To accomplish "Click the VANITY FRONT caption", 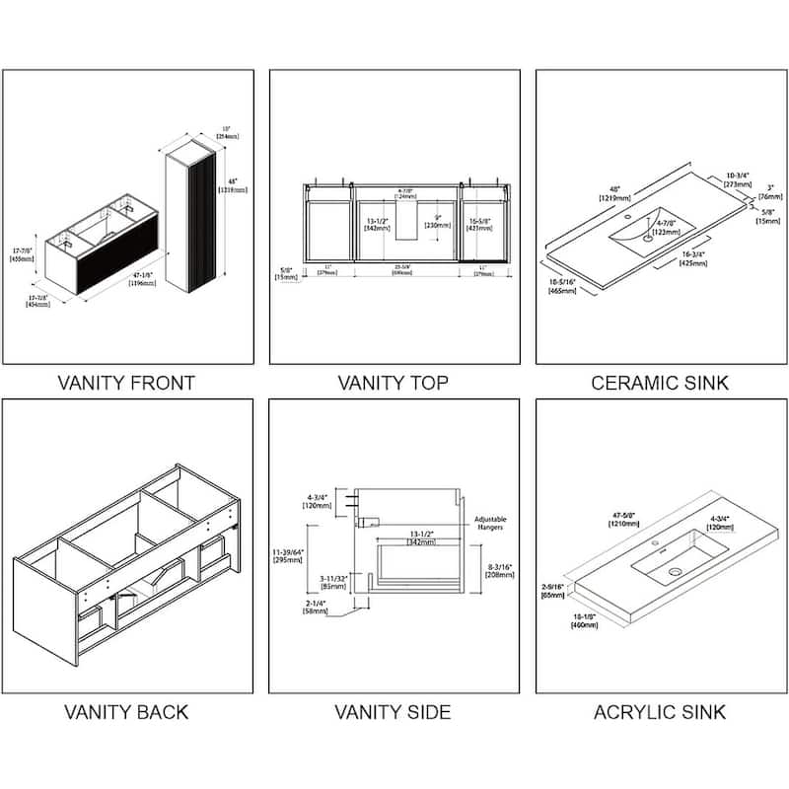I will pyautogui.click(x=126, y=383).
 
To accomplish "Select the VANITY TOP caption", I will pyautogui.click(x=394, y=383).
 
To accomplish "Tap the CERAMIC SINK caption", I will pyautogui.click(x=660, y=383).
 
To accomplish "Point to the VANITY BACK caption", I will pyautogui.click(x=126, y=711).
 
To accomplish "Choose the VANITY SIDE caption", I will pyautogui.click(x=394, y=711).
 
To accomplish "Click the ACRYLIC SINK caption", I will pyautogui.click(x=660, y=711).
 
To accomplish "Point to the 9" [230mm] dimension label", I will pyautogui.click(x=438, y=222).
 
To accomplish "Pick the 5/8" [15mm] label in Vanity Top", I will pyautogui.click(x=286, y=273).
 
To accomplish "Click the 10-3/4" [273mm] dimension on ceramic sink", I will pyautogui.click(x=737, y=180).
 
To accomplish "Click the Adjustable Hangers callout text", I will pyautogui.click(x=491, y=523).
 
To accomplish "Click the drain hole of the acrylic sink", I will pyautogui.click(x=676, y=572).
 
